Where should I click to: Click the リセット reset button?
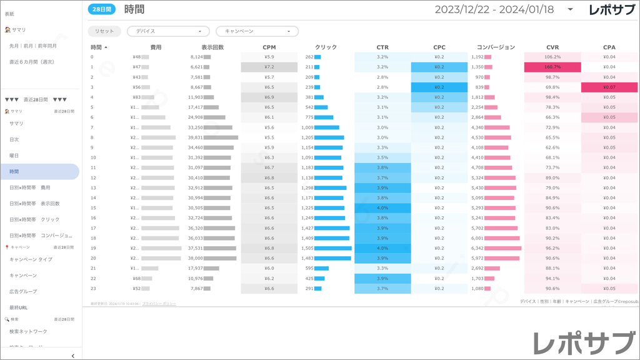coord(104,31)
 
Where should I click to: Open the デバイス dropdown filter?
coord(168,31)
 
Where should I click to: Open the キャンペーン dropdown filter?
coord(257,31)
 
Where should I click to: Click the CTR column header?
coord(382,47)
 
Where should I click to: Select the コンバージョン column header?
coord(496,47)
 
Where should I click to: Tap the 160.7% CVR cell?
coord(552,67)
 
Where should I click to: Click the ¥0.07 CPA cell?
coord(609,87)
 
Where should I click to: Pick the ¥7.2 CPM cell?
coord(269,67)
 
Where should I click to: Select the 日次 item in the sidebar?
coord(14,139)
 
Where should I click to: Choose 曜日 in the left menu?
coord(14,155)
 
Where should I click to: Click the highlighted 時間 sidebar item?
coord(14,171)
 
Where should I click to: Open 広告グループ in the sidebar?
coord(24,291)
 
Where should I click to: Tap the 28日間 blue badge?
coord(100,9)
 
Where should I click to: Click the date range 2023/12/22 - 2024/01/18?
coord(494,9)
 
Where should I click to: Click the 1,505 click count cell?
coord(308,248)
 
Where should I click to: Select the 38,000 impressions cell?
coord(197,258)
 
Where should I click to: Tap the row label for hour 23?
coord(93,288)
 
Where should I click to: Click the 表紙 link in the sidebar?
coord(10,13)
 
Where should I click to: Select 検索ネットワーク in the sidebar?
coord(28,331)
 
